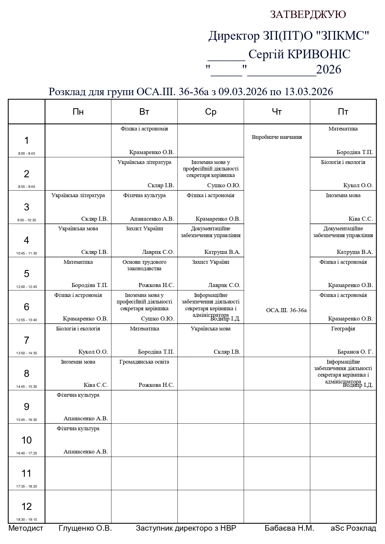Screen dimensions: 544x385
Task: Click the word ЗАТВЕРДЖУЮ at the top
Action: pyautogui.click(x=308, y=15)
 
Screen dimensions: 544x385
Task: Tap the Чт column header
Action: pyautogui.click(x=277, y=112)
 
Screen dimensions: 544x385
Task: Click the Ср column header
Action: pyautogui.click(x=211, y=112)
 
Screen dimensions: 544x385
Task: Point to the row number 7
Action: pyautogui.click(x=26, y=340)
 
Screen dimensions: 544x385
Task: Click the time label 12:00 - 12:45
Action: pyautogui.click(x=26, y=287)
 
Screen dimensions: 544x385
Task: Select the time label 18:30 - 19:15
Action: pyautogui.click(x=26, y=520)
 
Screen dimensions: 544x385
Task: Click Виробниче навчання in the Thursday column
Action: pyautogui.click(x=277, y=137)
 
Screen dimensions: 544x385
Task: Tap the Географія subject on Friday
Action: pyautogui.click(x=343, y=329)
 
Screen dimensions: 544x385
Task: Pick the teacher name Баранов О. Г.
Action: pyautogui.click(x=355, y=352)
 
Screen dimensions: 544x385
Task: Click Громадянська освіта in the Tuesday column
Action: pyautogui.click(x=144, y=362)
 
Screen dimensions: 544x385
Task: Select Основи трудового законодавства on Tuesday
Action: pyautogui.click(x=144, y=265)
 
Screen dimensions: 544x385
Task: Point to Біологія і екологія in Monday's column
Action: pyautogui.click(x=78, y=329)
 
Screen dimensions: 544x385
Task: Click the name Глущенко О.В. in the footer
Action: pyautogui.click(x=85, y=528)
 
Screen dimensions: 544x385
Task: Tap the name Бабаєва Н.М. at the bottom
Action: pyautogui.click(x=289, y=528)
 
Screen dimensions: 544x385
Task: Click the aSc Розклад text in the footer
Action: pyautogui.click(x=353, y=528)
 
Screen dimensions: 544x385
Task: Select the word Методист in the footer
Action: pyautogui.click(x=26, y=528)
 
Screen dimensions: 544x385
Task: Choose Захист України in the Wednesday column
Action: pyautogui.click(x=211, y=262)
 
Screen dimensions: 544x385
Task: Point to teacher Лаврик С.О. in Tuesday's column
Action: pyautogui.click(x=158, y=252)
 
